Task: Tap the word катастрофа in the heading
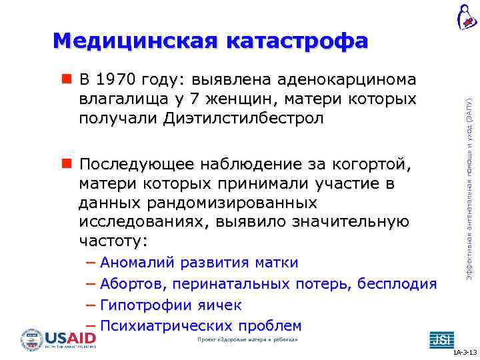click(x=297, y=41)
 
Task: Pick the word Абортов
click(x=133, y=285)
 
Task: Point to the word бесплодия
click(x=397, y=285)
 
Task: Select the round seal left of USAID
click(x=31, y=340)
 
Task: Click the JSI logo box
click(x=440, y=339)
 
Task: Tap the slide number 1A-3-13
click(x=464, y=352)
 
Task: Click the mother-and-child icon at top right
click(x=467, y=16)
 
